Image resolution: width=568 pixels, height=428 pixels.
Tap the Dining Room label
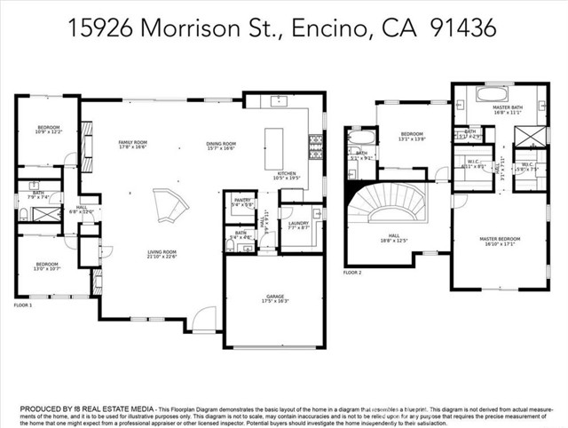222,147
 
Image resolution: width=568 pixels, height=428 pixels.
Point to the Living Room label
162,255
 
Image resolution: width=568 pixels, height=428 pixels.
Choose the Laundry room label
297,225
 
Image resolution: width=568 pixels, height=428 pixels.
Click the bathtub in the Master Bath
493,93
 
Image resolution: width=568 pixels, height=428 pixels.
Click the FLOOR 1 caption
23,305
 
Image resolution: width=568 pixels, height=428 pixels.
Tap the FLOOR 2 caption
353,273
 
